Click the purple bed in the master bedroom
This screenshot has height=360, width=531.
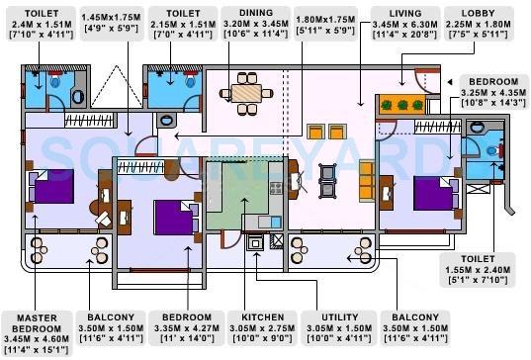tap(51, 186)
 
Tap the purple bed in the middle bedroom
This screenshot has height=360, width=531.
tap(172, 215)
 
